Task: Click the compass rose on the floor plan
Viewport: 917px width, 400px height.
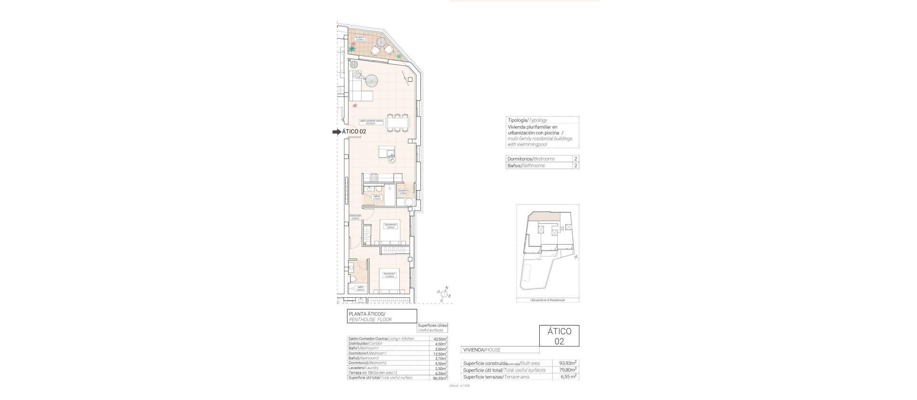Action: (444, 295)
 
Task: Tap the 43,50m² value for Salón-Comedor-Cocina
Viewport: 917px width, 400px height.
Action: (440, 339)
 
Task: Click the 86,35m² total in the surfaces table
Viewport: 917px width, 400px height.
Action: (440, 378)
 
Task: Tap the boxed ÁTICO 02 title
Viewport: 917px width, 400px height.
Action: (559, 336)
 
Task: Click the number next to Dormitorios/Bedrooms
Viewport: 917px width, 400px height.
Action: (576, 159)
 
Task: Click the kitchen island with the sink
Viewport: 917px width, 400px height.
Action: (386, 152)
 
